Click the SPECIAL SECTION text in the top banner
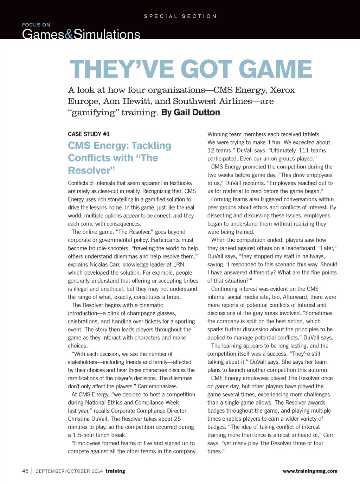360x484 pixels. click(180, 17)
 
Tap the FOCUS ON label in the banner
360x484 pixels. click(36, 25)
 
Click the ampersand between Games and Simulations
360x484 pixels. click(69, 34)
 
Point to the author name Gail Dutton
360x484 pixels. click(197, 113)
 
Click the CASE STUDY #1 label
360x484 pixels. click(89, 134)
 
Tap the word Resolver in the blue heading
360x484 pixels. click(91, 171)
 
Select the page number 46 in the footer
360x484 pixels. click(25, 471)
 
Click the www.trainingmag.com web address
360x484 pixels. click(310, 471)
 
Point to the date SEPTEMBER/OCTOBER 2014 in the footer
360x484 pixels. click(69, 471)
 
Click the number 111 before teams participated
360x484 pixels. click(303, 151)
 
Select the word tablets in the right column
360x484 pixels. click(311, 134)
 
